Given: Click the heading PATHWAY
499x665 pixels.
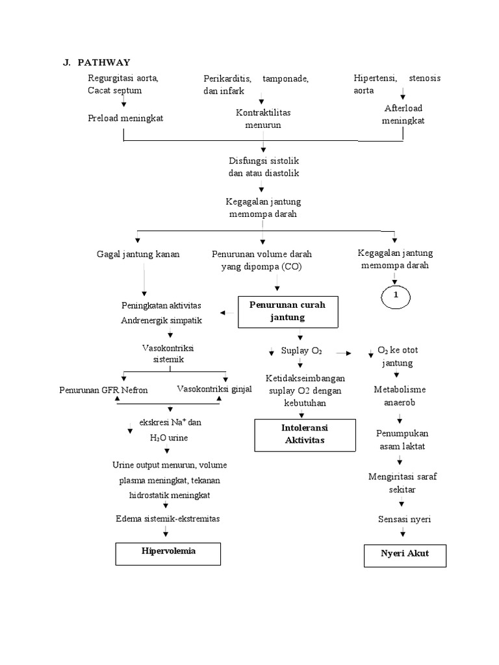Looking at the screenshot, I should point(103,62).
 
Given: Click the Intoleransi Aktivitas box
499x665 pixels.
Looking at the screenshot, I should point(296,434).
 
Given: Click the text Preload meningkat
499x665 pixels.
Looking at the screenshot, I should point(126,118).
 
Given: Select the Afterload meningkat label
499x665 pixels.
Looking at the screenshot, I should point(403,114).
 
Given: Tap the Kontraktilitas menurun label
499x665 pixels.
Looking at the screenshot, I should point(263,119).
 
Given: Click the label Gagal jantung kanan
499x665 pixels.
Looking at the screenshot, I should point(138,253).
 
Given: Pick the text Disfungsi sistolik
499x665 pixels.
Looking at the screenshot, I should point(263,160).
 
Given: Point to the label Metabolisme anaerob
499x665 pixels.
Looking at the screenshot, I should point(399,395).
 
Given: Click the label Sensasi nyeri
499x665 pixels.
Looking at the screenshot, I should point(403,519).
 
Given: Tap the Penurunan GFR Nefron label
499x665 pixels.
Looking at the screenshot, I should point(103,390).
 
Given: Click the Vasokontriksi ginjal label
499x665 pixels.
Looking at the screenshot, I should point(214,388).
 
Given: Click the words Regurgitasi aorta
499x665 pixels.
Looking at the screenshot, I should point(123,78).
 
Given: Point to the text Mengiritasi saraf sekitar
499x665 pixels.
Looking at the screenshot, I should point(403,483).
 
